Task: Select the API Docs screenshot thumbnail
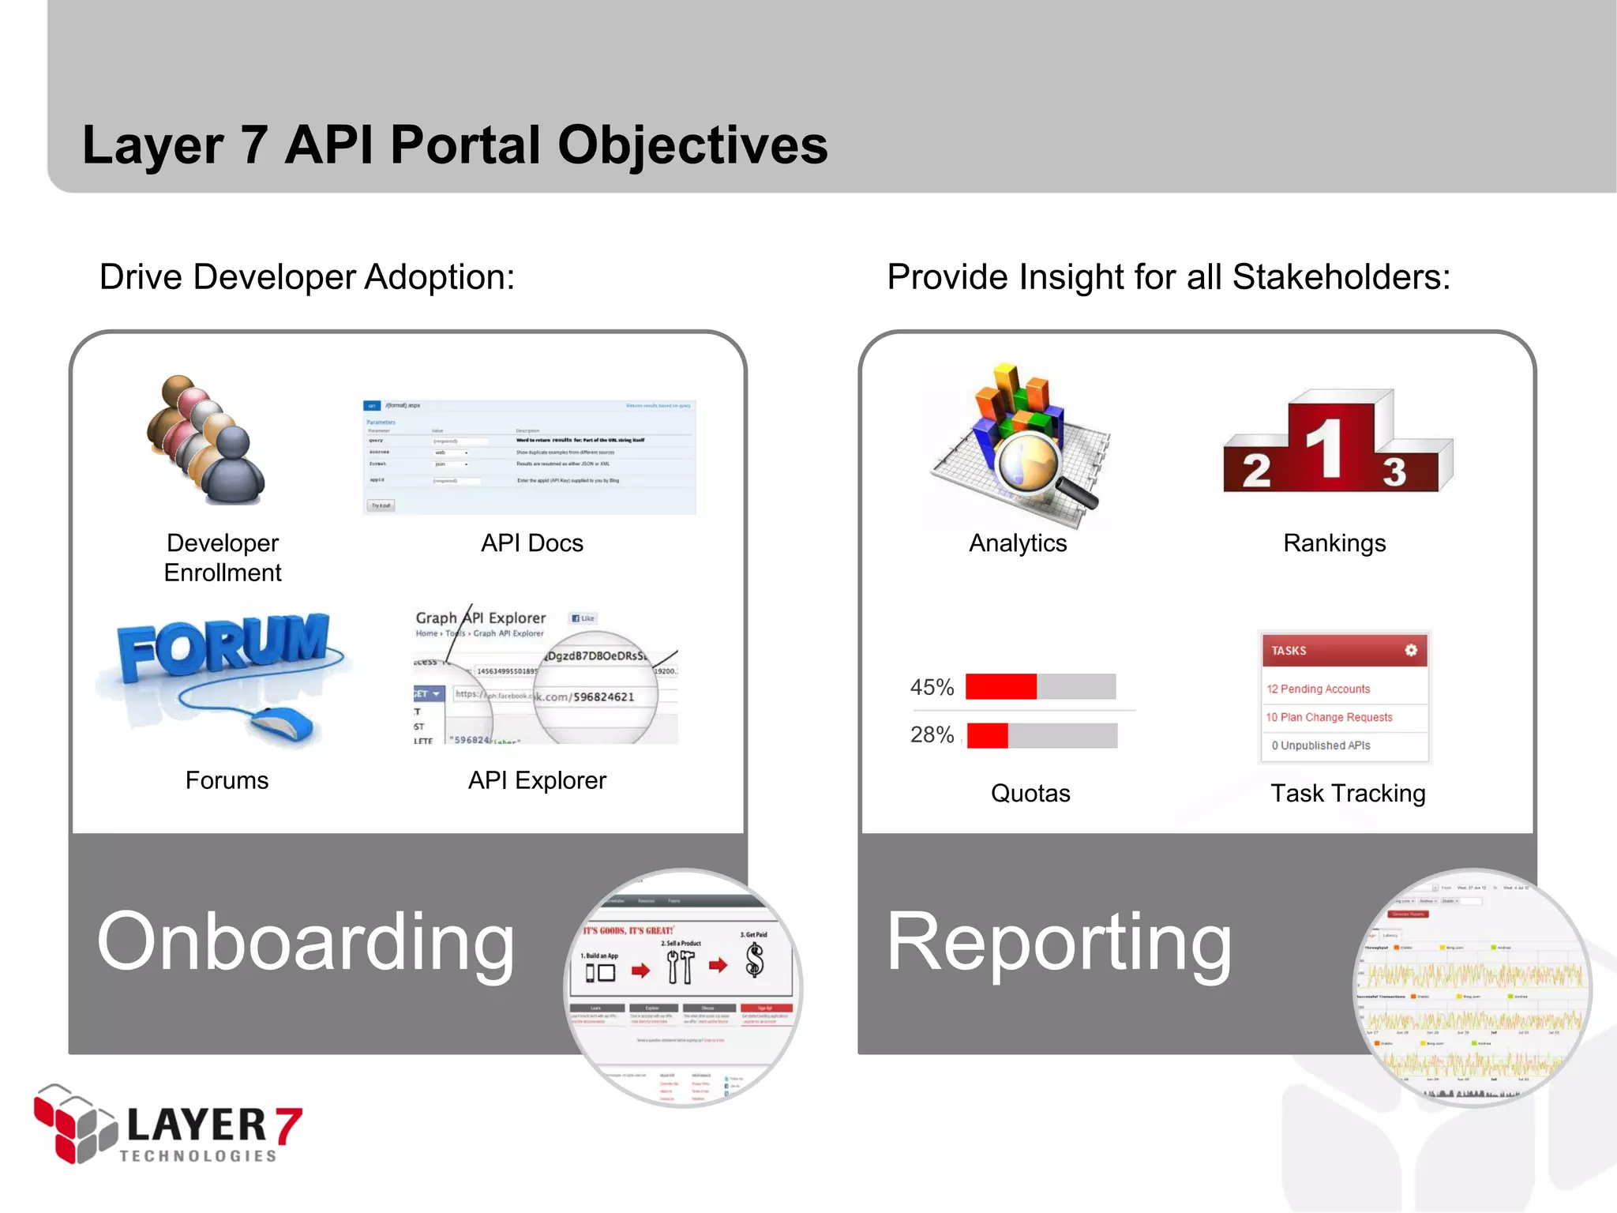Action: tap(529, 457)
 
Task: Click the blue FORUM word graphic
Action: tap(223, 645)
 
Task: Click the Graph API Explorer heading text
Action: tap(481, 618)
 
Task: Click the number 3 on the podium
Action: tap(1394, 473)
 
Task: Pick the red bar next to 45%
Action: tap(1000, 686)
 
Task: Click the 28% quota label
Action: tap(932, 735)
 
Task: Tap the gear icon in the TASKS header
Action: tap(1411, 650)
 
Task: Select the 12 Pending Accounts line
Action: tap(1318, 689)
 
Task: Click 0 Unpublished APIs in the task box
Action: tap(1321, 745)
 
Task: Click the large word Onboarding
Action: tap(306, 941)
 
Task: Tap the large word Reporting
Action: tap(1058, 941)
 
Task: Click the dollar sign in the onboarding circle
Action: tap(755, 960)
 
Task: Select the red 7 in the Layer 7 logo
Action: tap(288, 1125)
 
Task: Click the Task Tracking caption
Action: tap(1348, 793)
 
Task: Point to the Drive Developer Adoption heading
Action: tap(306, 277)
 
